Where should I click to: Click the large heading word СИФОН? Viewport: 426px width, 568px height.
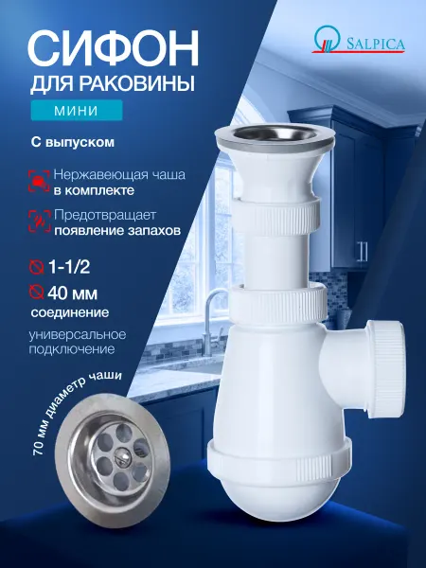[x=114, y=48]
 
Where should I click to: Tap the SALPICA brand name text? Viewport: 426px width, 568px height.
[x=375, y=44]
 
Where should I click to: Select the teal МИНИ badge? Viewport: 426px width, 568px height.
[x=76, y=110]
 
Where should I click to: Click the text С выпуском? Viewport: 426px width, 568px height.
[x=73, y=142]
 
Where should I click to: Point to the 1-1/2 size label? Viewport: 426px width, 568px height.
[x=69, y=267]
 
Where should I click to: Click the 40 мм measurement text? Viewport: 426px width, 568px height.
[x=73, y=293]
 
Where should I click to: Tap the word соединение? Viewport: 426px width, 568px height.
[x=69, y=312]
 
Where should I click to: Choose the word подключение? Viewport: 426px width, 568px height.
[x=72, y=349]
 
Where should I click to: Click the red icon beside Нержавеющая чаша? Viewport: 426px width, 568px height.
[x=39, y=181]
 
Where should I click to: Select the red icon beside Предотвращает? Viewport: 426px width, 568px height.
[x=39, y=221]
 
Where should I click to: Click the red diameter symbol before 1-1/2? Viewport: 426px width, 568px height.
[x=36, y=267]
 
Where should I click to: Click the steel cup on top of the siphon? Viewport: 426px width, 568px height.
[x=275, y=134]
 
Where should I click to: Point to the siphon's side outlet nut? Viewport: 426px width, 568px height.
[x=386, y=368]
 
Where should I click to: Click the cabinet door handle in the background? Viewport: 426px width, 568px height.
[x=363, y=252]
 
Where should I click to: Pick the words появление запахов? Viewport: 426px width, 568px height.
[x=117, y=231]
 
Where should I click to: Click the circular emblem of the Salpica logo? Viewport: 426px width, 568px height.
[x=328, y=39]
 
